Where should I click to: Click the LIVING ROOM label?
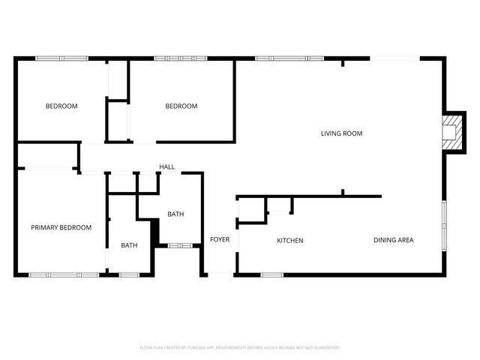click(341, 133)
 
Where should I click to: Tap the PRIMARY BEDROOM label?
click(61, 227)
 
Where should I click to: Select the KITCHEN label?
click(290, 241)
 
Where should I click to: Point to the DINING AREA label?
click(394, 240)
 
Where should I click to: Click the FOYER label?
click(220, 240)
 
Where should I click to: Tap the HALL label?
click(166, 166)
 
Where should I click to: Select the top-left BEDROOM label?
click(61, 106)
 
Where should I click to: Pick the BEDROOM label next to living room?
click(181, 106)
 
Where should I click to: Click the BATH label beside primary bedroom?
click(129, 245)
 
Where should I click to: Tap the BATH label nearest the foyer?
click(175, 214)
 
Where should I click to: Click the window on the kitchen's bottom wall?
click(272, 275)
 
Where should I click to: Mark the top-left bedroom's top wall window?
click(62, 58)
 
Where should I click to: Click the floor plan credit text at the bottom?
click(240, 348)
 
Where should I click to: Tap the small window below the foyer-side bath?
click(181, 244)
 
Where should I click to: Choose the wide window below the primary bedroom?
click(64, 275)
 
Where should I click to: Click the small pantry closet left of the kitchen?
click(252, 211)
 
